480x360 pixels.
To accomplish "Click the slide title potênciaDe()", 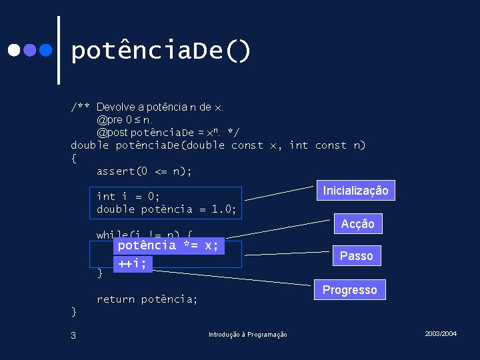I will pyautogui.click(x=161, y=51).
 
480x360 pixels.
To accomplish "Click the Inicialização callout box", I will pyautogui.click(x=355, y=191).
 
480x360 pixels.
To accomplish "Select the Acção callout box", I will pyautogui.click(x=357, y=224).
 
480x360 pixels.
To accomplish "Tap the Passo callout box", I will pyautogui.click(x=356, y=255).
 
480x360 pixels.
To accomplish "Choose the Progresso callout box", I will pyautogui.click(x=349, y=290).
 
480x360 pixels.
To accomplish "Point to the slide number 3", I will pyautogui.click(x=73, y=335).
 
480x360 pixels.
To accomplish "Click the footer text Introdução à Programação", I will pyautogui.click(x=247, y=335).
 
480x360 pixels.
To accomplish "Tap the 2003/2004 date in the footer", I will pyautogui.click(x=440, y=333).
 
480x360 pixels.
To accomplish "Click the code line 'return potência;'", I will pyautogui.click(x=147, y=299).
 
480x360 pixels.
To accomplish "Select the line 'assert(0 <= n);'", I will pyautogui.click(x=144, y=171).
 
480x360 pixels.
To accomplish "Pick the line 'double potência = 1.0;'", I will pyautogui.click(x=166, y=209).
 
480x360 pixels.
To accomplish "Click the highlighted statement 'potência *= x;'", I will pyautogui.click(x=168, y=245).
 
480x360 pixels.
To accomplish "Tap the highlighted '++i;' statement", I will pyautogui.click(x=133, y=263).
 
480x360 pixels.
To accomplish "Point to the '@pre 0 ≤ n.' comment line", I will pyautogui.click(x=125, y=120).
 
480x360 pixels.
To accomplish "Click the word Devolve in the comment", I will pyautogui.click(x=117, y=107).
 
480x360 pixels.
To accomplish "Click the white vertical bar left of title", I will pyautogui.click(x=60, y=51).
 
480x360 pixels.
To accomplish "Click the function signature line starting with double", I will pyautogui.click(x=218, y=145).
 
